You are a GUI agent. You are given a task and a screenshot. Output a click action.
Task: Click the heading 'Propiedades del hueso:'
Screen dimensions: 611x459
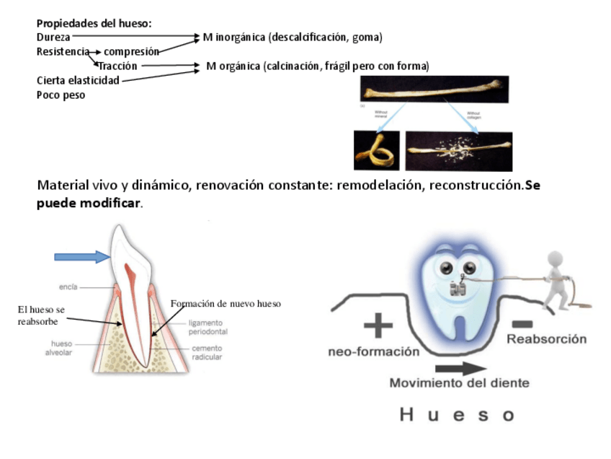click(94, 23)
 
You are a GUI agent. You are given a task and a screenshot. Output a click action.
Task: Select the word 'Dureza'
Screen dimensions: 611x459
click(53, 36)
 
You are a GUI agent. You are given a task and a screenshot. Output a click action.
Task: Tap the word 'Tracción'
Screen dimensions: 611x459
click(117, 66)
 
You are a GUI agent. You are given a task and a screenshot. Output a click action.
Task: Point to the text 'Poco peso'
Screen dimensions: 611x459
click(61, 95)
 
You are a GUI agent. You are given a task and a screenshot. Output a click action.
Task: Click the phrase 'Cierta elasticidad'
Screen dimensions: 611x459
click(78, 80)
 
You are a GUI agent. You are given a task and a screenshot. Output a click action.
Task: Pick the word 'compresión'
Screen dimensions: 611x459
click(131, 51)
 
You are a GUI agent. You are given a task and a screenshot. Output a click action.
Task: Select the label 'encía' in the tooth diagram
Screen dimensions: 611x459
click(69, 287)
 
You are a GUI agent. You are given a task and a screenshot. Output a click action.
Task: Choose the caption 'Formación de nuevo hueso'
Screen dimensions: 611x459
click(226, 304)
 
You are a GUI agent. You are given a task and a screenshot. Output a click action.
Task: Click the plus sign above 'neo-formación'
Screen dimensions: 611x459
click(378, 325)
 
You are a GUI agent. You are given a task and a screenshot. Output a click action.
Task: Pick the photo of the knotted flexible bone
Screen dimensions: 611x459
click(376, 150)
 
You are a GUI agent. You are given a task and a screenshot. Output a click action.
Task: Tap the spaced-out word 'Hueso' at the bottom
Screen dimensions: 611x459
click(457, 414)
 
